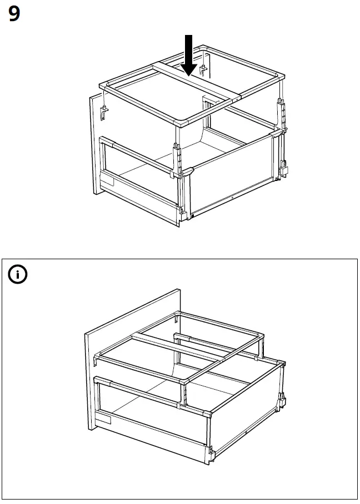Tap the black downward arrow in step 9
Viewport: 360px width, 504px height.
[x=189, y=56]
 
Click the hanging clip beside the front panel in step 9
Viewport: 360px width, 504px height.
[x=103, y=113]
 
